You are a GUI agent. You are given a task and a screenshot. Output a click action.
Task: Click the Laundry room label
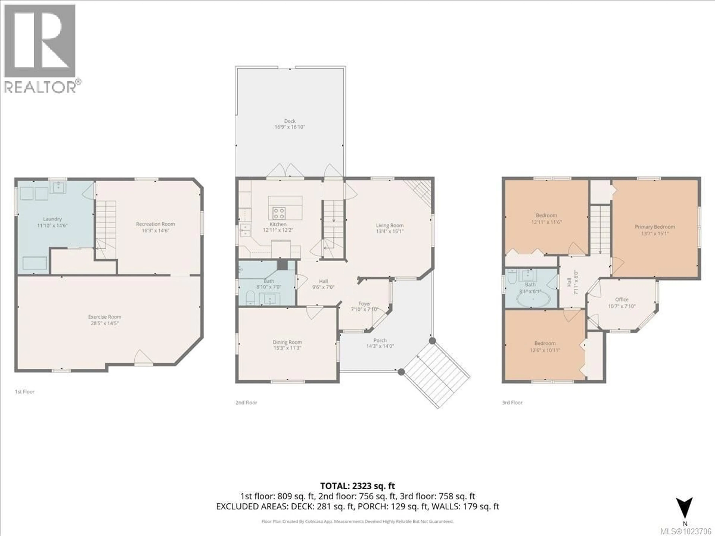(52, 219)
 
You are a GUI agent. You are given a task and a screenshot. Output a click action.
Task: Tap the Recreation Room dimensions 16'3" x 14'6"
(155, 230)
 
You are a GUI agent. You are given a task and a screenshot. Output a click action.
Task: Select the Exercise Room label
(105, 317)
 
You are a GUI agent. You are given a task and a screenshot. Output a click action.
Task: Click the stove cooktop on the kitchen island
(279, 213)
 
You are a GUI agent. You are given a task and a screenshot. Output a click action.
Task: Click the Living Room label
(390, 225)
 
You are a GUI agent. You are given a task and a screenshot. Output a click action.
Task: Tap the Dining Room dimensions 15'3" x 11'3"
(287, 348)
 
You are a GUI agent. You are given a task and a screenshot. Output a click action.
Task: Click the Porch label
(380, 340)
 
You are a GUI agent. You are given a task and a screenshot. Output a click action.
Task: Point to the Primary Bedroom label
(655, 226)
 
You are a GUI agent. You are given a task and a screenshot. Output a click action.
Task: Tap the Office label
(622, 299)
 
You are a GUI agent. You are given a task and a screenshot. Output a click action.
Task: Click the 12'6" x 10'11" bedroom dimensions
(545, 350)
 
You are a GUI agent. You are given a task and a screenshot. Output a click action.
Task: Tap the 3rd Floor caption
(512, 402)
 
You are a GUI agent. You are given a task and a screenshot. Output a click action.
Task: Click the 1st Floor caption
(25, 392)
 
